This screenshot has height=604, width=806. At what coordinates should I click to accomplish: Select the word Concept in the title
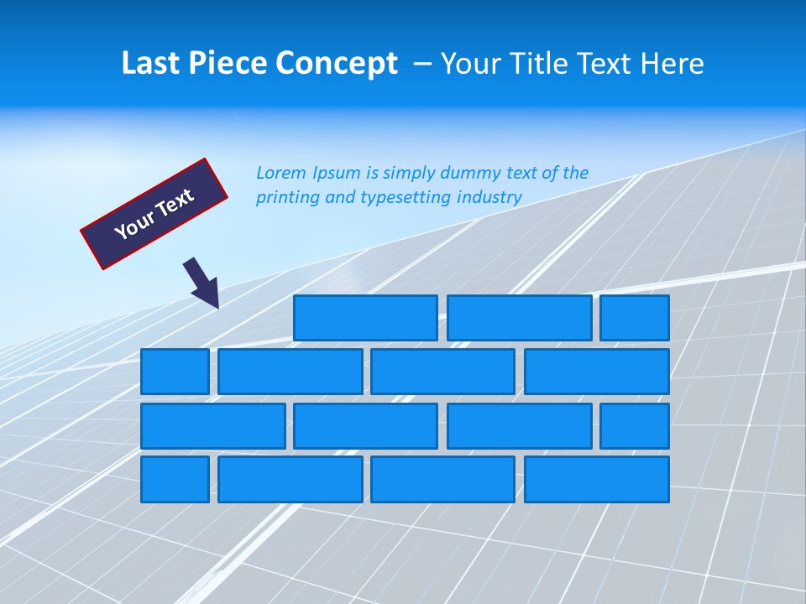[x=337, y=64]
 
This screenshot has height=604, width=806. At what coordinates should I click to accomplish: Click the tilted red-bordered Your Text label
[x=154, y=214]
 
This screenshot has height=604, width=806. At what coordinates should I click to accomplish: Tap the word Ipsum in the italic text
[x=337, y=174]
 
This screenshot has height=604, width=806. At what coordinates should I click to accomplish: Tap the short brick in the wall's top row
[x=635, y=318]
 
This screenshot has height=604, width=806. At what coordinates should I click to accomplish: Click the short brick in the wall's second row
[x=175, y=372]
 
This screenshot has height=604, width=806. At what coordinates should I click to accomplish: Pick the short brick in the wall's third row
[x=635, y=425]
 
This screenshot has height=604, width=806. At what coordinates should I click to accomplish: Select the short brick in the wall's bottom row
[x=175, y=479]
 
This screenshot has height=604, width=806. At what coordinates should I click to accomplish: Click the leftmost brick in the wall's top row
[x=365, y=318]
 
